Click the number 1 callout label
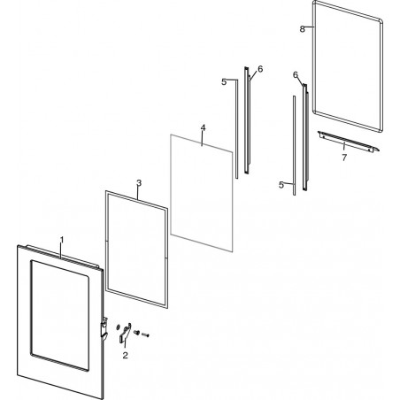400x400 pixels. [x=62, y=239]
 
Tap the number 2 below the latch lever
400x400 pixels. [x=126, y=356]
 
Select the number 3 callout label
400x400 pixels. [x=139, y=183]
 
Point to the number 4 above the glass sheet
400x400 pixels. [x=203, y=127]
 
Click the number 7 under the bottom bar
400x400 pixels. [x=344, y=158]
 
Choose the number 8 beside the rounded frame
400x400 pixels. [x=302, y=29]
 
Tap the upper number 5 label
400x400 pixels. [x=224, y=82]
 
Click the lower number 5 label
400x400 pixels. [x=281, y=185]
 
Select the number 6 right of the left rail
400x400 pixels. [x=260, y=69]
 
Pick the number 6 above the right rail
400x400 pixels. [x=296, y=75]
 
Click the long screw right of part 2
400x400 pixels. [x=146, y=335]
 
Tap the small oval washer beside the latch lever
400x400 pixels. [x=119, y=327]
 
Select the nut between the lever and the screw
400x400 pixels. [x=136, y=332]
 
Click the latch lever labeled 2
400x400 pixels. [x=126, y=333]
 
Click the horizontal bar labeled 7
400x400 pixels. [x=349, y=142]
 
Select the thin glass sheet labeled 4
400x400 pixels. [x=202, y=193]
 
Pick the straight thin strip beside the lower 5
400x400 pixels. [x=294, y=145]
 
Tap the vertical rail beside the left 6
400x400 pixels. [x=247, y=120]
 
